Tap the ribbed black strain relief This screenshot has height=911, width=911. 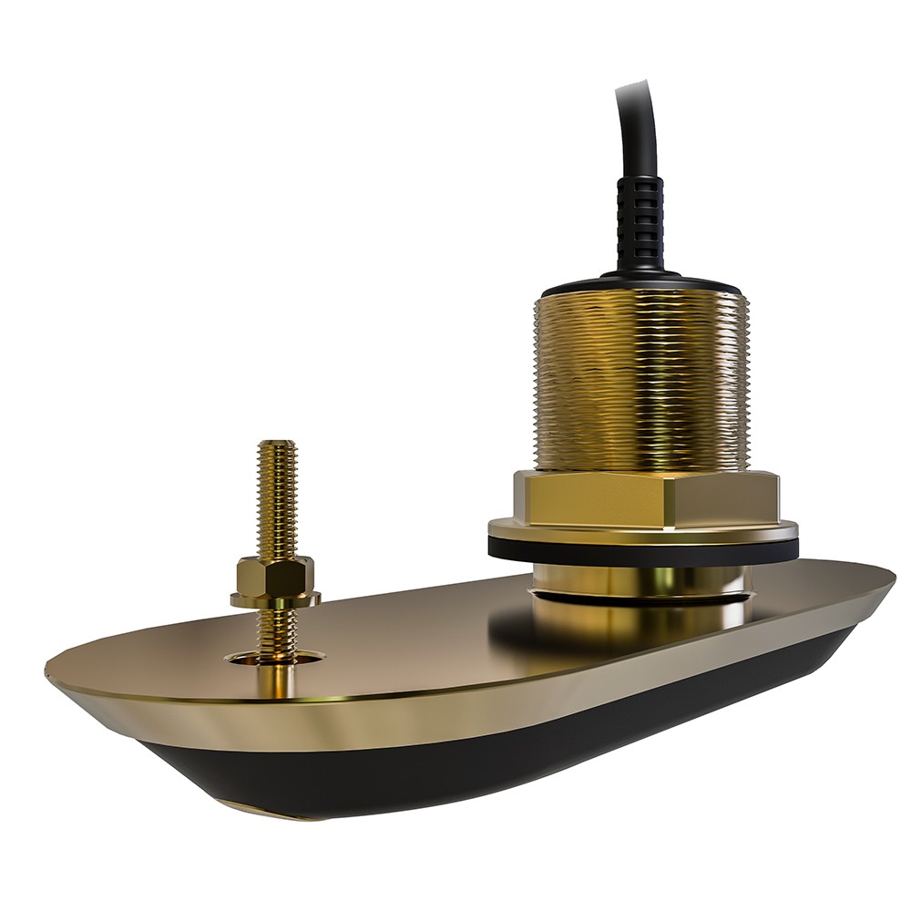coord(640,219)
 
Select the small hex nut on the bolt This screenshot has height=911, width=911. coord(275,574)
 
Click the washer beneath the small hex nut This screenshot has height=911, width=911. coord(275,599)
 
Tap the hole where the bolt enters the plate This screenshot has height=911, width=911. coord(275,658)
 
